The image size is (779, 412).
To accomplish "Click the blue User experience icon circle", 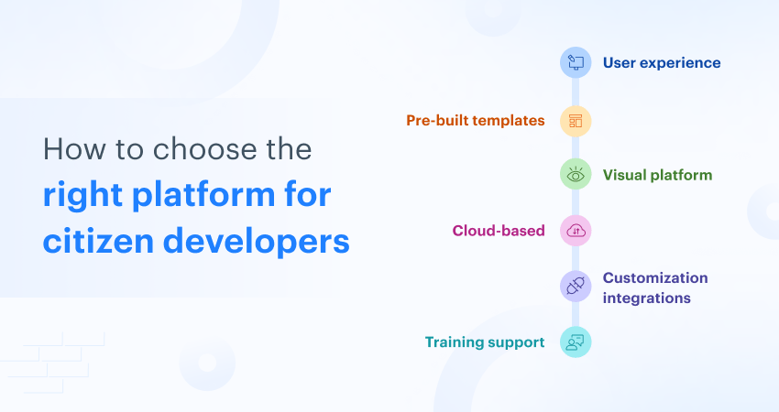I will [576, 62].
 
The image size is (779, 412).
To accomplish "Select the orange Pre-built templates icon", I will [576, 121].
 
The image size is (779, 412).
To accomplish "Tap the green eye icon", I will [576, 174].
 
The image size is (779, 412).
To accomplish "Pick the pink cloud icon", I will [576, 231].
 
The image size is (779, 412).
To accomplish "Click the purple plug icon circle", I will [576, 287].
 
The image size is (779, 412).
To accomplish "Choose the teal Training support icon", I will [576, 342].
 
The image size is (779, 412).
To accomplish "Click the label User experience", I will [661, 63].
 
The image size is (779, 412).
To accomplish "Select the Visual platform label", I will [657, 174].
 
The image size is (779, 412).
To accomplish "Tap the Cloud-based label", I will [499, 231].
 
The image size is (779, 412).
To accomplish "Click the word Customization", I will [654, 277].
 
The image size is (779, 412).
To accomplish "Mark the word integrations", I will [646, 298].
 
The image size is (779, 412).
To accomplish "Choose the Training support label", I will [485, 342].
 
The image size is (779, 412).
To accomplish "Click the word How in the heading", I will [71, 149].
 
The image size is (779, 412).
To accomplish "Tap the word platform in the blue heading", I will [209, 196].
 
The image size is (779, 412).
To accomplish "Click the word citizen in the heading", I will [97, 242].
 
